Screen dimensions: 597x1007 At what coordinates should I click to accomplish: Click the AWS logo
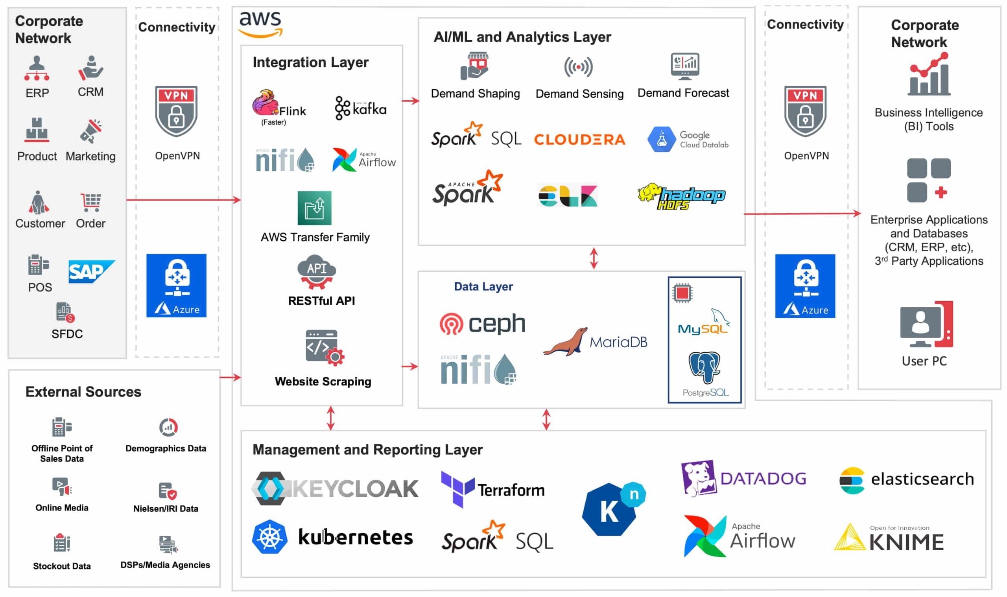click(260, 24)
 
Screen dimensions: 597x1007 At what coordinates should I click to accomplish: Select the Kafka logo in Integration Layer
click(360, 108)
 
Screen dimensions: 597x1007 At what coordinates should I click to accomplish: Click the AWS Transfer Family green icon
click(314, 208)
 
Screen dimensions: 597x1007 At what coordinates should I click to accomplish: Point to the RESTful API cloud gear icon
click(316, 271)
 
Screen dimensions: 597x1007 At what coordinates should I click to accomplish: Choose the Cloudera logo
click(579, 140)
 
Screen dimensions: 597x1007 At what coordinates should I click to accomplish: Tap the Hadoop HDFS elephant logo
click(682, 196)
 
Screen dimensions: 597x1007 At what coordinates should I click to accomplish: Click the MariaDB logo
click(595, 342)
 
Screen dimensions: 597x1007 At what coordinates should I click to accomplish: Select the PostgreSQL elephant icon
click(704, 367)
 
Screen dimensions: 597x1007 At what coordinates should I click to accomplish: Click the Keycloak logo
click(335, 488)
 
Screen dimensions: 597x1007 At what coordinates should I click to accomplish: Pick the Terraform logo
click(492, 489)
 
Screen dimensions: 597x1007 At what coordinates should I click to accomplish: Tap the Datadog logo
click(743, 478)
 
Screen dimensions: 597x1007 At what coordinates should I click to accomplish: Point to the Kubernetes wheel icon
click(269, 537)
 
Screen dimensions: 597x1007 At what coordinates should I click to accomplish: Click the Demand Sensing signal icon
click(578, 67)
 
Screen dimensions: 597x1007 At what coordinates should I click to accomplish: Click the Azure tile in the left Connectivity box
click(176, 285)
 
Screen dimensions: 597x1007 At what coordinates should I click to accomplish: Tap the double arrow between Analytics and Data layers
click(594, 258)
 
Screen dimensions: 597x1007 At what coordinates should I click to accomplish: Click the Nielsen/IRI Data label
click(166, 509)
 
